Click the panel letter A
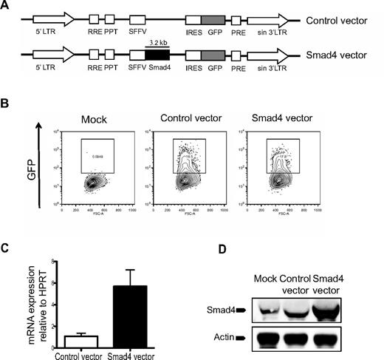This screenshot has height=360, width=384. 6,6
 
